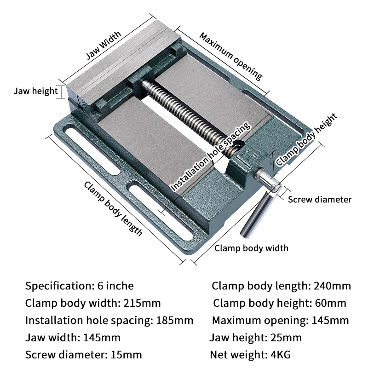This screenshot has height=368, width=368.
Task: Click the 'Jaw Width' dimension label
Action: pos(104,46)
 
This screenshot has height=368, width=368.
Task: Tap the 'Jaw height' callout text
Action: pos(35,91)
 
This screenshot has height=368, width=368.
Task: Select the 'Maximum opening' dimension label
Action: pos(230,56)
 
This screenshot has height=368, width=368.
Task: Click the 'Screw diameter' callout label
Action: pos(320,199)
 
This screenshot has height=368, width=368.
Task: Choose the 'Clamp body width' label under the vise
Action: pos(252,248)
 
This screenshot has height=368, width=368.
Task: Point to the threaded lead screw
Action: pos(193,115)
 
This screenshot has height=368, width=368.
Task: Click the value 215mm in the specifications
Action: pos(142,303)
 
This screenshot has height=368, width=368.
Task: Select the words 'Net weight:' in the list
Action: pos(236,355)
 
